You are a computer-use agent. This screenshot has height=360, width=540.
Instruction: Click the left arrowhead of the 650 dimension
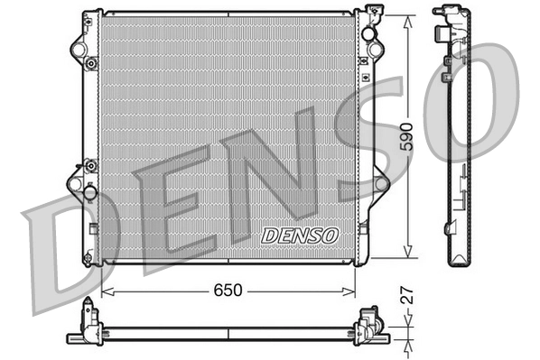[106, 291]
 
